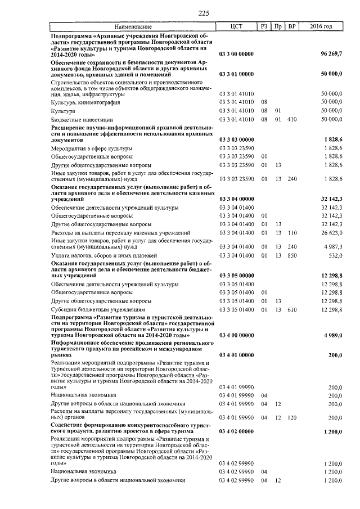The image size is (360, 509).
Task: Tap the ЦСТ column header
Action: click(x=236, y=26)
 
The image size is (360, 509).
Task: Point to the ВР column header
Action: click(x=291, y=26)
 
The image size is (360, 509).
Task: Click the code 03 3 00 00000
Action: click(x=236, y=54)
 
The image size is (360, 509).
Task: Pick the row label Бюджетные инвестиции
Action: click(x=82, y=120)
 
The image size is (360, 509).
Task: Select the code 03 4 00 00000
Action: click(x=236, y=335)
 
